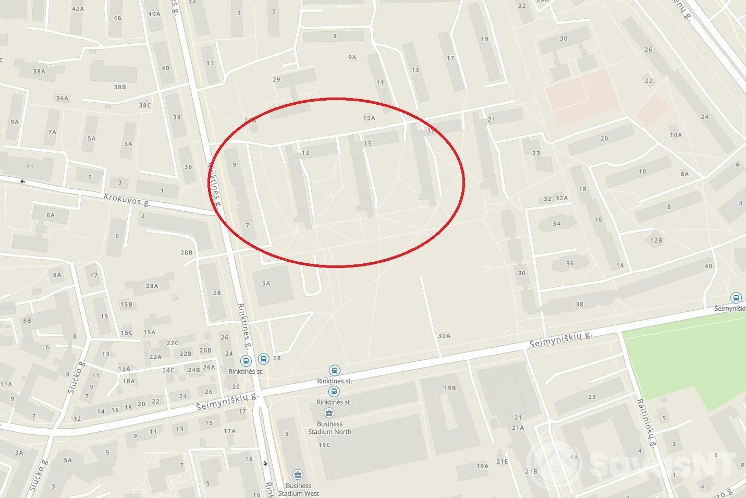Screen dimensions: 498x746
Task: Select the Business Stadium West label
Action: (x=298, y=489)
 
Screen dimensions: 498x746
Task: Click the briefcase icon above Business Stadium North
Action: (x=329, y=414)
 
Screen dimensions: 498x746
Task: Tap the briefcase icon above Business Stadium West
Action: (x=298, y=475)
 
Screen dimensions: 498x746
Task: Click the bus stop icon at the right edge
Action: (x=736, y=298)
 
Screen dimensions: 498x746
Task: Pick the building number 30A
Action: (x=444, y=336)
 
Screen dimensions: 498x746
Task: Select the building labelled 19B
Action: (x=450, y=388)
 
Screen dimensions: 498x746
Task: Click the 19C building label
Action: (x=324, y=445)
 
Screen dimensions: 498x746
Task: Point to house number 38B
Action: (x=120, y=87)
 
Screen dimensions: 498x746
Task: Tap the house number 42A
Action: (x=78, y=9)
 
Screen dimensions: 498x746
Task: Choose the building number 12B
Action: (x=656, y=240)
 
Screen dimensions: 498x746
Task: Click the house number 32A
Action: (x=561, y=198)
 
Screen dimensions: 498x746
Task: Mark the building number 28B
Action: (x=187, y=252)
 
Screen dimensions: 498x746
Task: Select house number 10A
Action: (x=676, y=135)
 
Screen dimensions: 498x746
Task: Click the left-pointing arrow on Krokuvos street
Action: (x=22, y=182)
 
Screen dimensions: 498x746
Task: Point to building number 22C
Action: (x=172, y=343)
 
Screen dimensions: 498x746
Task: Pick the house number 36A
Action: (x=62, y=98)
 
